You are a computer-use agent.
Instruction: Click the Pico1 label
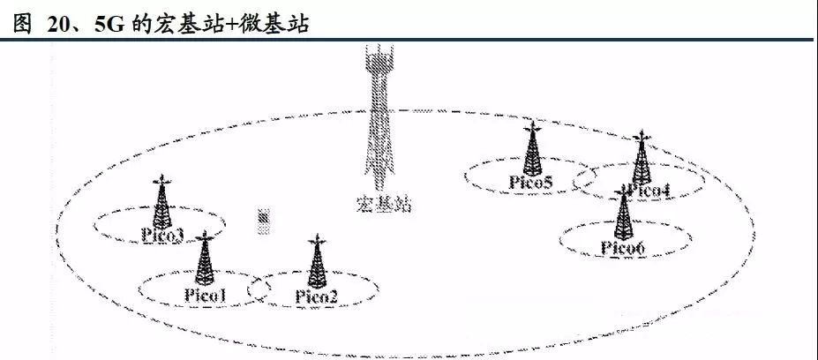point(205,296)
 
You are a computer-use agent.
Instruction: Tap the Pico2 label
point(317,296)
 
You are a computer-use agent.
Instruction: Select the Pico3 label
point(162,236)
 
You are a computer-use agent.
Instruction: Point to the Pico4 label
point(648,191)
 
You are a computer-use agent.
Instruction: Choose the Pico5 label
point(530,183)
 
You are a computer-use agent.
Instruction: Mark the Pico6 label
point(623,248)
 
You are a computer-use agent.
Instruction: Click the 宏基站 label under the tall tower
point(384,204)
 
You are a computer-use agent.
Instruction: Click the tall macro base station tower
point(379,117)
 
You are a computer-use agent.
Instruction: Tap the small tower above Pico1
point(205,259)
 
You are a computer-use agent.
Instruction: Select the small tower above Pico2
point(317,261)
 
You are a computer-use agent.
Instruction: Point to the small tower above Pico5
point(532,149)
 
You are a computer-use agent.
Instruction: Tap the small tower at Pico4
point(642,157)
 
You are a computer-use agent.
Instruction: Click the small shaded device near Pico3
point(265,221)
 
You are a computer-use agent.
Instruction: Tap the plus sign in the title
point(233,25)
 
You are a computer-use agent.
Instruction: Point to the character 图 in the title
point(22,24)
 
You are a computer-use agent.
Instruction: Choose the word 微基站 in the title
point(274,24)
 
